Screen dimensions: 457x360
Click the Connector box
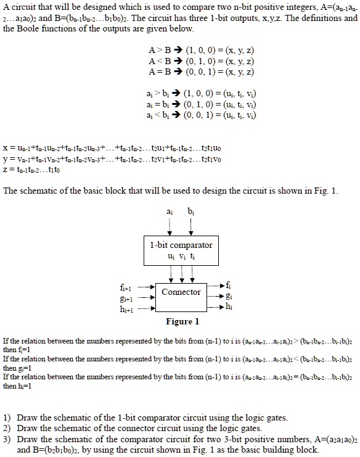click(x=181, y=292)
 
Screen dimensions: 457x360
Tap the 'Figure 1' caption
click(x=182, y=321)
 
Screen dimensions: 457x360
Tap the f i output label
click(x=230, y=284)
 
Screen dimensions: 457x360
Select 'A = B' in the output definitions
click(x=158, y=71)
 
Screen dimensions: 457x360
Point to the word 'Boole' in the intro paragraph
click(x=32, y=28)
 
